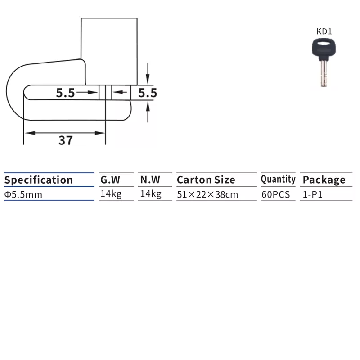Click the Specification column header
pyautogui.click(x=39, y=180)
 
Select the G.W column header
pyautogui.click(x=110, y=180)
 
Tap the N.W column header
pyautogui.click(x=150, y=180)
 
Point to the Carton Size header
pyautogui.click(x=206, y=180)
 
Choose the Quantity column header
pyautogui.click(x=278, y=179)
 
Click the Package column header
pyautogui.click(x=324, y=180)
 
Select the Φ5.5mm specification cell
pyautogui.click(x=23, y=195)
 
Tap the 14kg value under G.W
pyautogui.click(x=111, y=194)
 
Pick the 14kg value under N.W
pyautogui.click(x=151, y=194)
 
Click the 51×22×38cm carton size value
pyautogui.click(x=207, y=195)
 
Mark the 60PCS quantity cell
pyautogui.click(x=276, y=195)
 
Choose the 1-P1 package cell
pyautogui.click(x=313, y=195)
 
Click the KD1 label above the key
pyautogui.click(x=324, y=31)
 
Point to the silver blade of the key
pyautogui.click(x=324, y=73)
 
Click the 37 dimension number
pyautogui.click(x=66, y=140)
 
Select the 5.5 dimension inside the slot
pyautogui.click(x=65, y=93)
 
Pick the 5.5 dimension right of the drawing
pyautogui.click(x=148, y=93)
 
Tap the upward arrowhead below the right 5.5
pyautogui.click(x=148, y=107)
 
